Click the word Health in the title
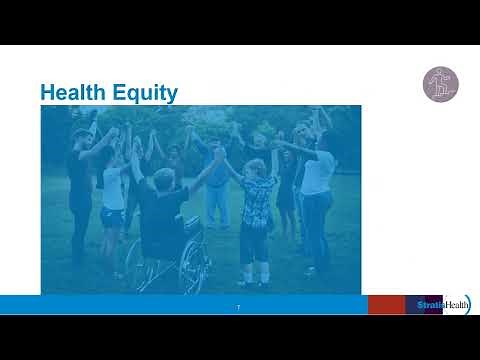coord(74,93)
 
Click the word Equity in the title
coord(145,94)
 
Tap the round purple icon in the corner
coord(439,85)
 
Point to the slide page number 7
coord(238,306)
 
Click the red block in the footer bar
coord(386,304)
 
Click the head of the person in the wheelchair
coord(163,180)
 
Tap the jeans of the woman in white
coord(316,230)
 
